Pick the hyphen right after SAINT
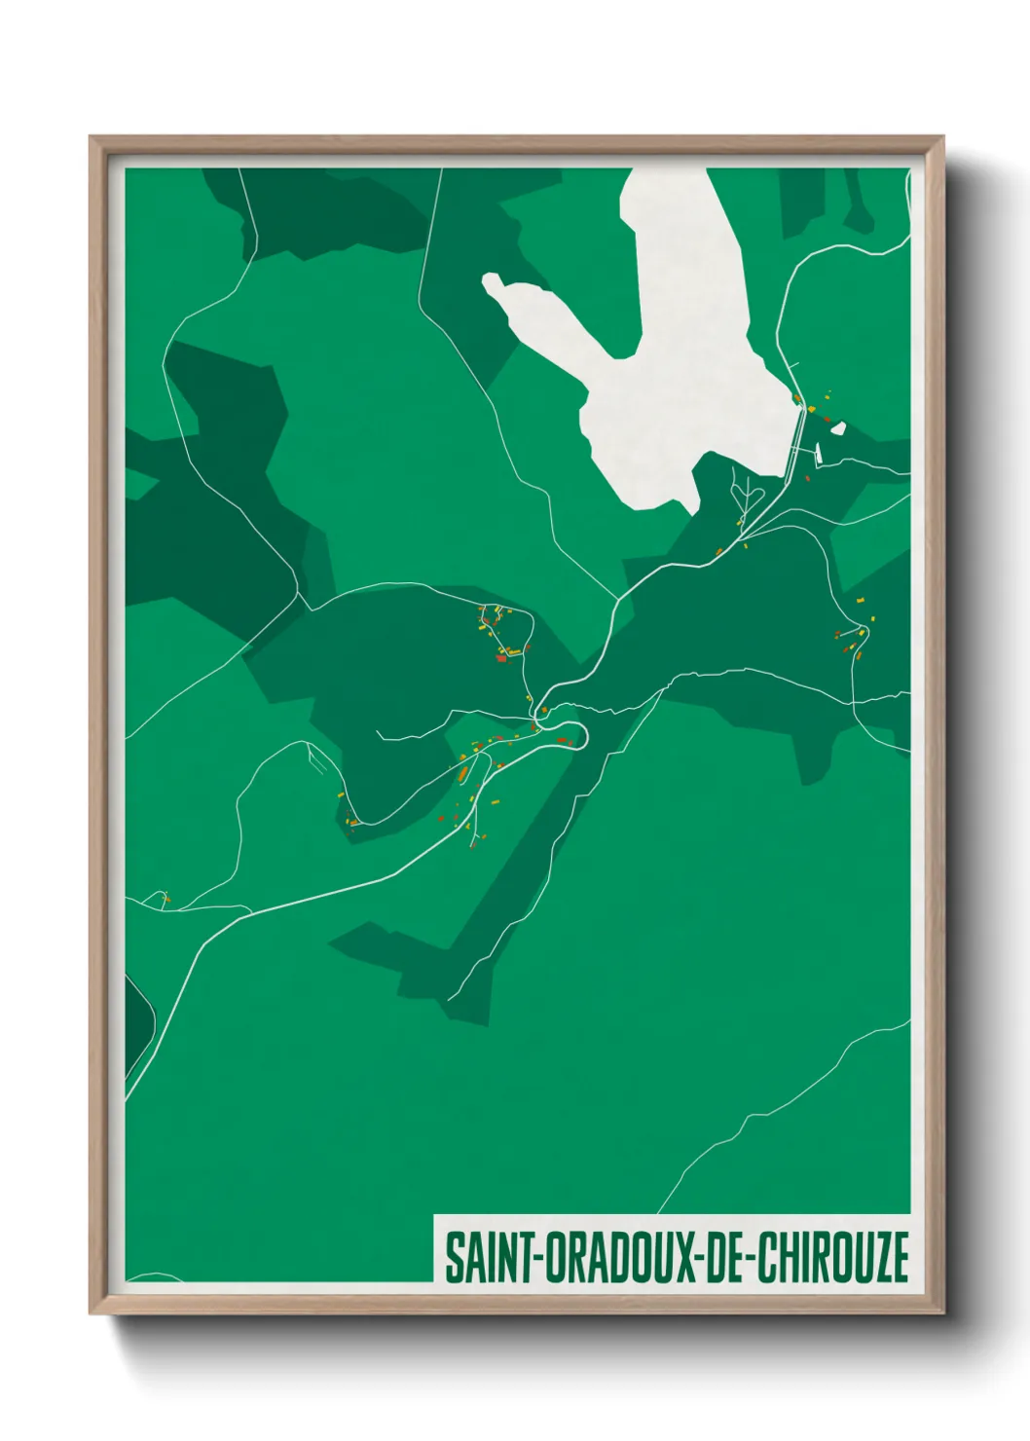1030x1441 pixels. pos(530,1259)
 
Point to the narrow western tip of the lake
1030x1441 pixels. pos(493,282)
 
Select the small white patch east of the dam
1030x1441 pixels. pos(837,426)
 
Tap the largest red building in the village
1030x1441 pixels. pos(501,658)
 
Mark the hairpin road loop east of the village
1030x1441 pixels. pos(574,735)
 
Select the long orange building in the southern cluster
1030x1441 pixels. pos(464,773)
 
